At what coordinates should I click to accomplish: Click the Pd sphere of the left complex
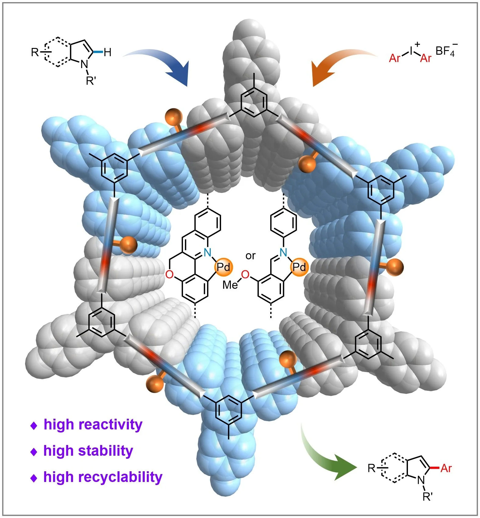pyautogui.click(x=224, y=267)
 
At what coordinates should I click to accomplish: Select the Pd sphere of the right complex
pyautogui.click(x=299, y=267)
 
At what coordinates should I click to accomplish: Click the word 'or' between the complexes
pyautogui.click(x=250, y=256)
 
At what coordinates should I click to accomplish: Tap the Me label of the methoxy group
pyautogui.click(x=230, y=285)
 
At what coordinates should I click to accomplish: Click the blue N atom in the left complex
pyautogui.click(x=207, y=253)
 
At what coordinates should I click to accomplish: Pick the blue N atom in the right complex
pyautogui.click(x=283, y=252)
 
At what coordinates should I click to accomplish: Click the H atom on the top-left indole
pyautogui.click(x=107, y=53)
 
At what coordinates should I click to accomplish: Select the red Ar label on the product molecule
pyautogui.click(x=446, y=468)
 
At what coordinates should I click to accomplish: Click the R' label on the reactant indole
pyautogui.click(x=91, y=81)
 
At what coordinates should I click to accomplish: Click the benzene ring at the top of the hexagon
pyautogui.click(x=254, y=102)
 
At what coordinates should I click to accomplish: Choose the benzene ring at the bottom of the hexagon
pyautogui.click(x=229, y=410)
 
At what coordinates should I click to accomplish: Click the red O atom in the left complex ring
pyautogui.click(x=169, y=275)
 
